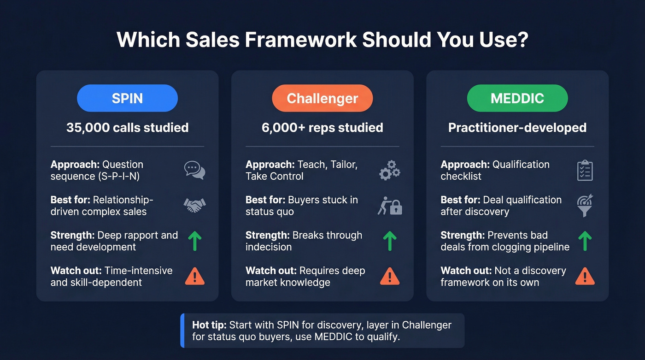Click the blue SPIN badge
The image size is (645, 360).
(127, 98)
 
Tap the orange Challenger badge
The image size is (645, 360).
(322, 98)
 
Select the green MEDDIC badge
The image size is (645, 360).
(517, 98)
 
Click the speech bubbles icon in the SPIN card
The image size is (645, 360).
(194, 171)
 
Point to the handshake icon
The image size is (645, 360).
(194, 206)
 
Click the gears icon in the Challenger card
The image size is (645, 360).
(389, 171)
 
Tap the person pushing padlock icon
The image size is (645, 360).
(390, 206)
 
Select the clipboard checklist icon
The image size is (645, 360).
(585, 171)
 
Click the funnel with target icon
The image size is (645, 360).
(585, 206)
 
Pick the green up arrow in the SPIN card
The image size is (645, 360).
(194, 241)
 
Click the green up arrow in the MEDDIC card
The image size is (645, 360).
(585, 241)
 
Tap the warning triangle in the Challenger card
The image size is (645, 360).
(389, 276)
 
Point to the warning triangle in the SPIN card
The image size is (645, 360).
(194, 276)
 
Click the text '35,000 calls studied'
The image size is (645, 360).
(127, 128)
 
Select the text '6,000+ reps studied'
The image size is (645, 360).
(322, 128)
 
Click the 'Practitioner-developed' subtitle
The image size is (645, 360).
(517, 128)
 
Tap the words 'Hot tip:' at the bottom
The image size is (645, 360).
(209, 325)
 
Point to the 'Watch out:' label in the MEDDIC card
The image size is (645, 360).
(466, 271)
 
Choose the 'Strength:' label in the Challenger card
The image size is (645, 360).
(266, 235)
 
